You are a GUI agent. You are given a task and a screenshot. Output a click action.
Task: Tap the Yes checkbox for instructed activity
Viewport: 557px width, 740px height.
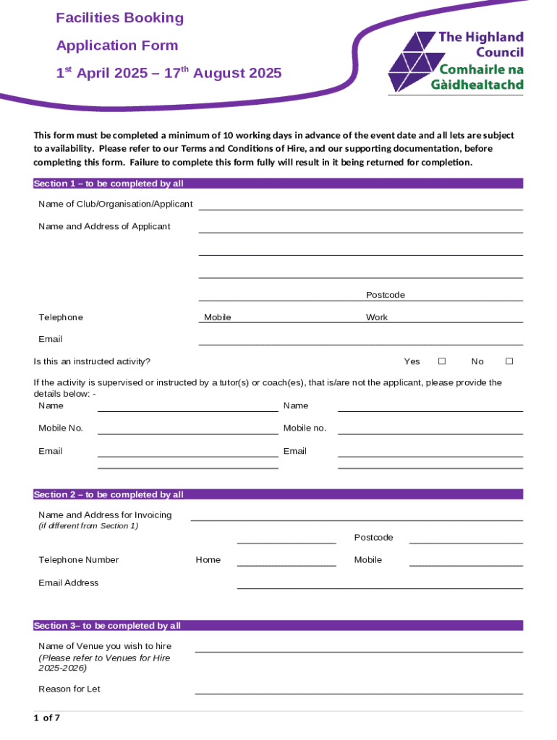442,361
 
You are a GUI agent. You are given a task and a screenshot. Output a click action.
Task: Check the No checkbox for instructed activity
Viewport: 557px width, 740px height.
509,361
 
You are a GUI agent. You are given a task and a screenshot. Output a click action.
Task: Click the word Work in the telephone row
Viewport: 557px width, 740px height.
377,317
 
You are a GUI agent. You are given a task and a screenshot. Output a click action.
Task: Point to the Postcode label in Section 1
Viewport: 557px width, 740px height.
386,295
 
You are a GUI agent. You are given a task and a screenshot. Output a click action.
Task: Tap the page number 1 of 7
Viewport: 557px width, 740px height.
47,718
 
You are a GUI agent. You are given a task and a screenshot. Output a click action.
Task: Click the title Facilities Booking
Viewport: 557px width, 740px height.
120,18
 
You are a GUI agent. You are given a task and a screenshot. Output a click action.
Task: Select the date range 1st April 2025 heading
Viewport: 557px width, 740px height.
169,74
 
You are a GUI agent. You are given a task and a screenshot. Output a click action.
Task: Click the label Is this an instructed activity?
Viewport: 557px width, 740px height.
92,361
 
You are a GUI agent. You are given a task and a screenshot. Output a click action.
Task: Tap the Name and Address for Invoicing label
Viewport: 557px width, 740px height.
105,515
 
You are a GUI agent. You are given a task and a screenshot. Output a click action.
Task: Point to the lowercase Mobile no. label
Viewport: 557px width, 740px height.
305,428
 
